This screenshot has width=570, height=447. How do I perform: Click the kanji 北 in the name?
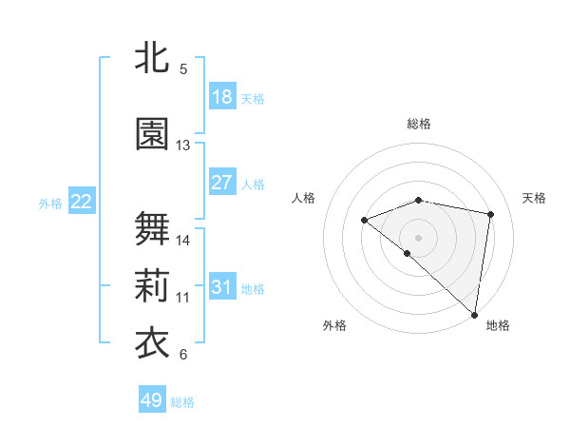pyautogui.click(x=152, y=56)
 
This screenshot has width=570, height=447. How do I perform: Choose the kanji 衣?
pyautogui.click(x=152, y=343)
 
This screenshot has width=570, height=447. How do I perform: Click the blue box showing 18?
pyautogui.click(x=222, y=97)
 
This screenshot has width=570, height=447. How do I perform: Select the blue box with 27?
pyautogui.click(x=222, y=183)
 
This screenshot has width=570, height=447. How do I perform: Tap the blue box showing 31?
pyautogui.click(x=222, y=287)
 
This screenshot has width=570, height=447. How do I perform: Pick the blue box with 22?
pyautogui.click(x=82, y=202)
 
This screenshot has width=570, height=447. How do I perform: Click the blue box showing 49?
pyautogui.click(x=152, y=400)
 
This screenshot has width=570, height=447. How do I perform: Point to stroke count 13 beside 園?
pyautogui.click(x=183, y=146)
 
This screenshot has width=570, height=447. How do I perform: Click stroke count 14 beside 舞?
pyautogui.click(x=183, y=241)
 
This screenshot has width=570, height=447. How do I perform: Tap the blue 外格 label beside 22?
pyautogui.click(x=50, y=204)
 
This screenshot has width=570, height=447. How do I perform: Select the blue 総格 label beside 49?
pyautogui.click(x=182, y=402)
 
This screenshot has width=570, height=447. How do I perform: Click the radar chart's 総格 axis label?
pyautogui.click(x=419, y=124)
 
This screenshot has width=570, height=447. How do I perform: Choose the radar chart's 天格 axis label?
pyautogui.click(x=535, y=198)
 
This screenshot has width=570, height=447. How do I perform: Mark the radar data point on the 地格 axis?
pyautogui.click(x=475, y=315)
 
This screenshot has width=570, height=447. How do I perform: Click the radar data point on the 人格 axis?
pyautogui.click(x=364, y=221)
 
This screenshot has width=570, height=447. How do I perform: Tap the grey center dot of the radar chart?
pyautogui.click(x=418, y=237)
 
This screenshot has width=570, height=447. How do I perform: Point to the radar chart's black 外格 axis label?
pyautogui.click(x=334, y=325)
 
